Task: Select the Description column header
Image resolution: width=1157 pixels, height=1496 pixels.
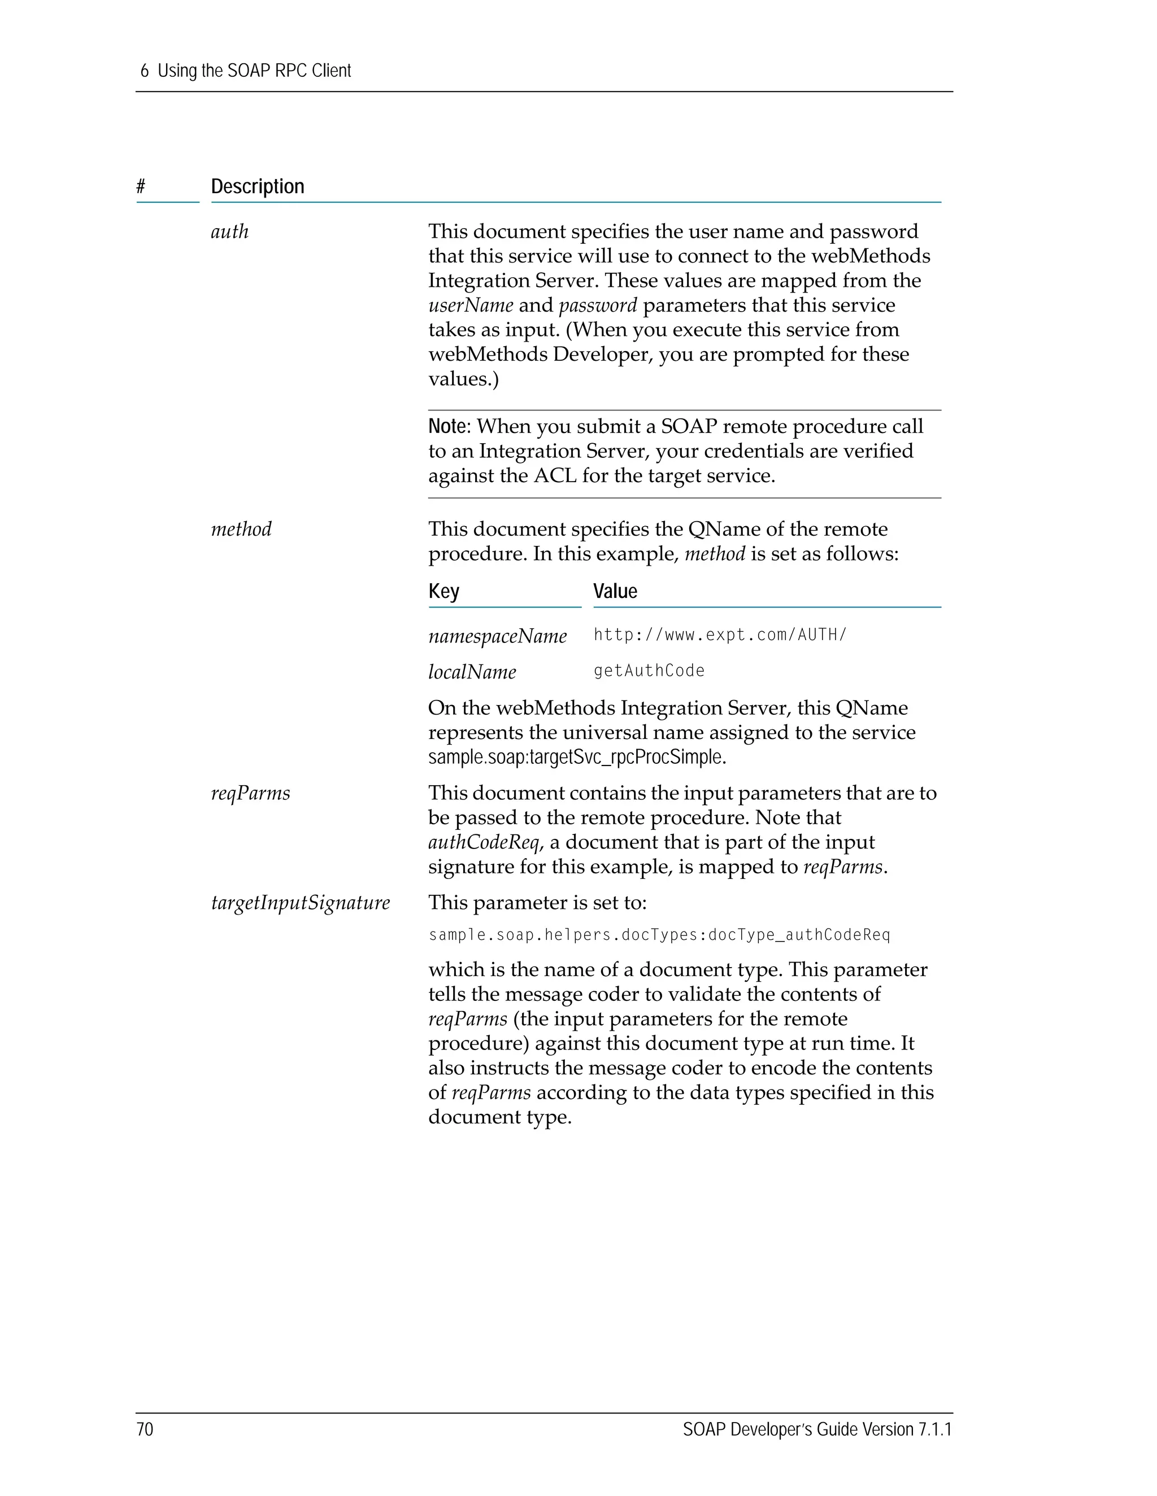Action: (257, 186)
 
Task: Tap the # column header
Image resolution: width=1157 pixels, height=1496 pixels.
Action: (141, 186)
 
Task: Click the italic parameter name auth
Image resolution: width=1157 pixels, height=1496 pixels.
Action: (229, 231)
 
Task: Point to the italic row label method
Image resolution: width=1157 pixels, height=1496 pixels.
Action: (241, 529)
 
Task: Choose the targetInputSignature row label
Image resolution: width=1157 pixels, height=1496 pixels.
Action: (300, 903)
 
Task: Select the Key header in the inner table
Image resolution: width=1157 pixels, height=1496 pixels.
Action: (443, 591)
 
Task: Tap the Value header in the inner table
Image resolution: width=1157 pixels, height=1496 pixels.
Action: (615, 591)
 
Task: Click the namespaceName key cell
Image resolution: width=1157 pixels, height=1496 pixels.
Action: (498, 636)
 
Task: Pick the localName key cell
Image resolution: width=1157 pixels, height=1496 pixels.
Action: (472, 672)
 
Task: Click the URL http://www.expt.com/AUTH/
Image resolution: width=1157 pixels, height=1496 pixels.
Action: (720, 635)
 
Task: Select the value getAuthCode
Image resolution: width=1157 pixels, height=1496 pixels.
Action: (649, 671)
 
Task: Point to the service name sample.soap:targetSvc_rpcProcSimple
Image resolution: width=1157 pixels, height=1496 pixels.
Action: (576, 757)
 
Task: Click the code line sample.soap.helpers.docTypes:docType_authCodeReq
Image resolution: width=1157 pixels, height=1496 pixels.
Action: (659, 935)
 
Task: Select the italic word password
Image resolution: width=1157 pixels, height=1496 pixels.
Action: (598, 305)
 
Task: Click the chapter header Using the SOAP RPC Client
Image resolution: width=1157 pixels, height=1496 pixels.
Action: (254, 71)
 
